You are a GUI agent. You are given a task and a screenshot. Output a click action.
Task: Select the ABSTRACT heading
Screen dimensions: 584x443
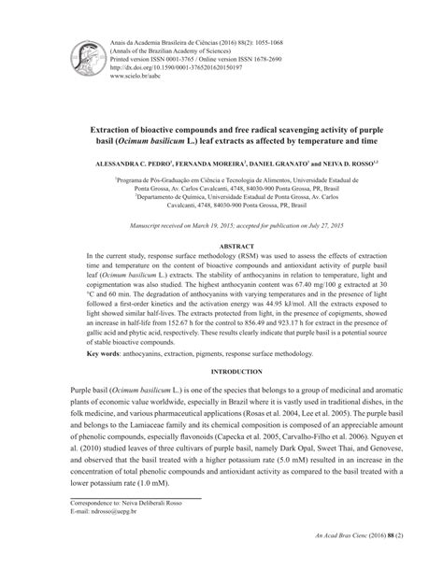[221, 242]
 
